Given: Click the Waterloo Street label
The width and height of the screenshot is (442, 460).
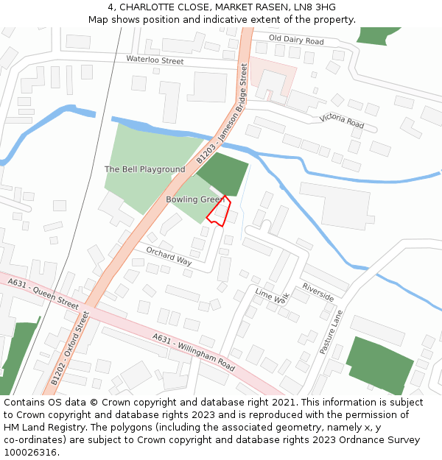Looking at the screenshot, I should (155, 60).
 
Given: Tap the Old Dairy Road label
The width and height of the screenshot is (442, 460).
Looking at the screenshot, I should (296, 39).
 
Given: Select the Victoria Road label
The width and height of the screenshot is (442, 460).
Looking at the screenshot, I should (342, 121).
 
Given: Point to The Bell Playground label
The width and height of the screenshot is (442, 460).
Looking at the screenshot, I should (144, 169).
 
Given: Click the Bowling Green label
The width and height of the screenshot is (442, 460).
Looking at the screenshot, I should (194, 199).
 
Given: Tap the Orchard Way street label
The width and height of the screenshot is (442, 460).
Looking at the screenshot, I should (169, 256).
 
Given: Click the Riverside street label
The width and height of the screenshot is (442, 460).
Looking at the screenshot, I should (318, 292).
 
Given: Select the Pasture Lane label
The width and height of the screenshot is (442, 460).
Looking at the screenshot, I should (331, 332).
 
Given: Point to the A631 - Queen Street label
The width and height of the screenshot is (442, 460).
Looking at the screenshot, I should (43, 292).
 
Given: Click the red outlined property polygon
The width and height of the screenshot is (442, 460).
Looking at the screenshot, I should (219, 212).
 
